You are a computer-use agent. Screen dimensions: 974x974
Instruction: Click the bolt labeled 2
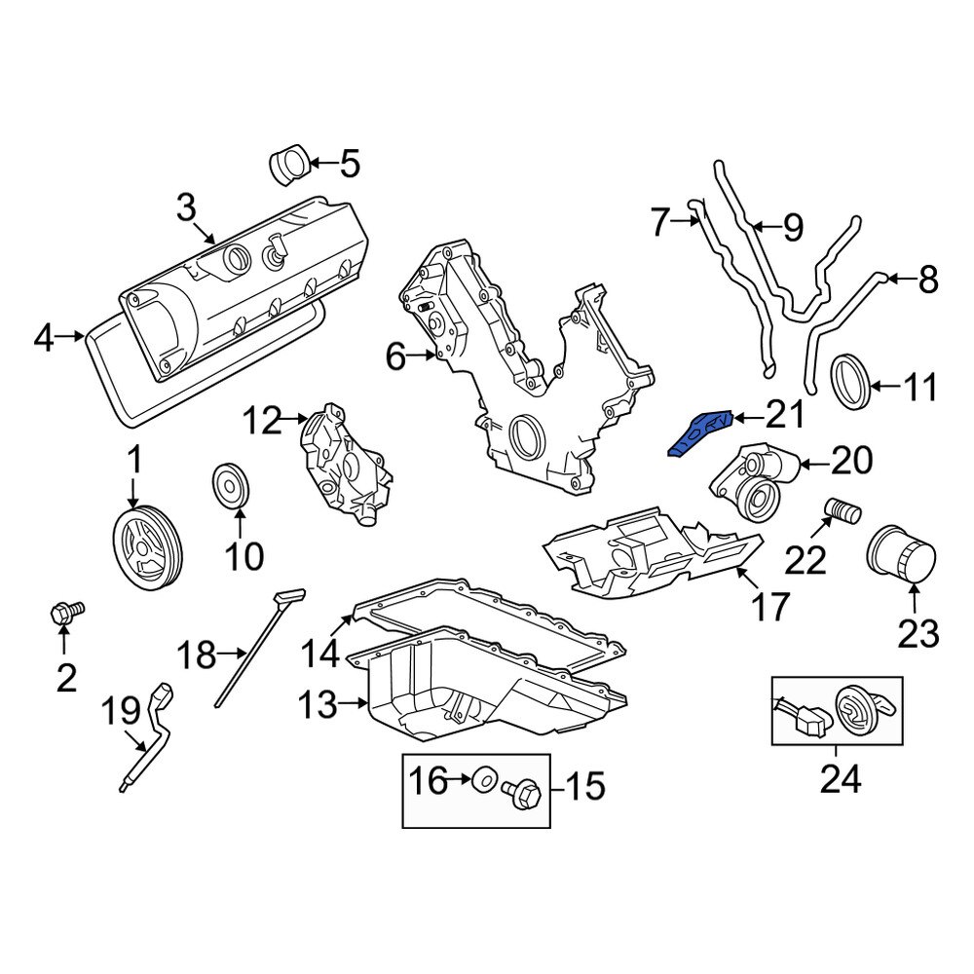[65, 613]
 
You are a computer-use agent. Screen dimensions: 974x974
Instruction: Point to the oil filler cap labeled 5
[289, 165]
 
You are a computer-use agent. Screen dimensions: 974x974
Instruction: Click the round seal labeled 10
[231, 486]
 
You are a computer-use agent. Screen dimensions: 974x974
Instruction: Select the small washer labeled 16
[482, 779]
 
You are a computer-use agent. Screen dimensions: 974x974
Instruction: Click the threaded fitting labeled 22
[841, 508]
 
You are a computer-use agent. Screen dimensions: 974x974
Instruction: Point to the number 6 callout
[393, 357]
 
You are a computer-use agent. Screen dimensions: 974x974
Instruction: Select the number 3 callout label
[186, 206]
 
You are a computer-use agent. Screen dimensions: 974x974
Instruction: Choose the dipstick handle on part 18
[289, 594]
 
